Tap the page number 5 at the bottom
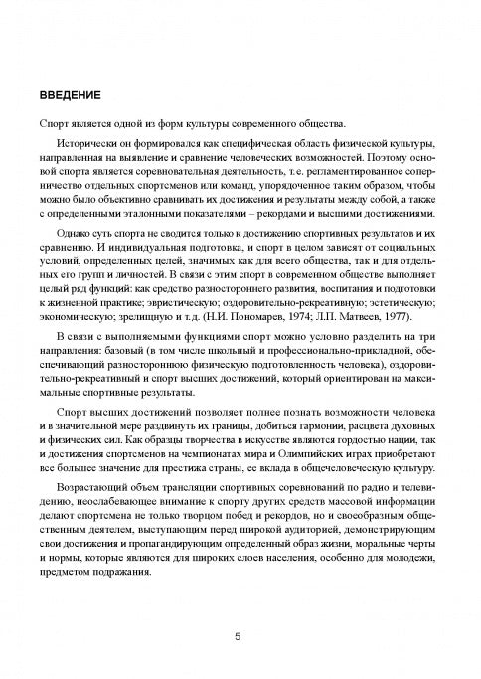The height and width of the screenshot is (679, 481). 238,637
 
